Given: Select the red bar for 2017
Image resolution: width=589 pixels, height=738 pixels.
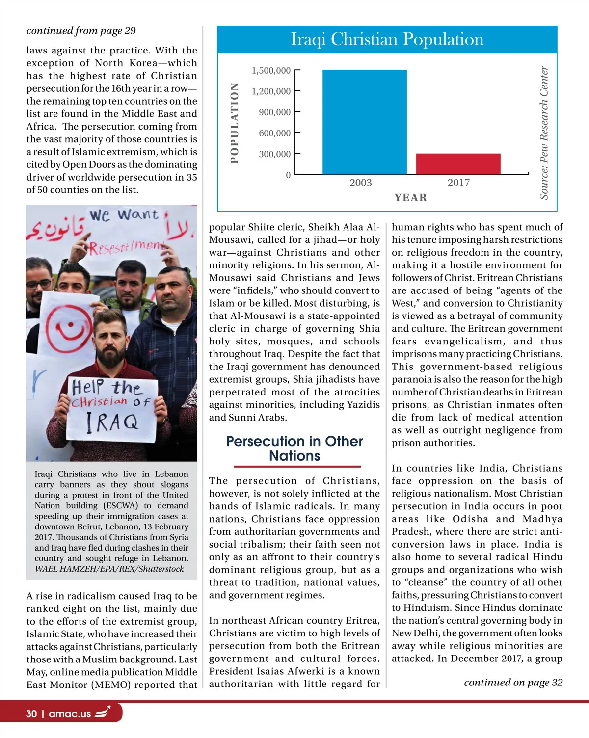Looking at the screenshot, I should click(458, 164).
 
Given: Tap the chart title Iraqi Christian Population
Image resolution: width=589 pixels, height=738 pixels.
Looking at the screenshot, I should click(387, 39).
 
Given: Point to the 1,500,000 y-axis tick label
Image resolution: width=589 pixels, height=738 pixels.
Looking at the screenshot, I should click(271, 71).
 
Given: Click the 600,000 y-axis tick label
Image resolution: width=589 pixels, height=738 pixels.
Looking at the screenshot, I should click(274, 133).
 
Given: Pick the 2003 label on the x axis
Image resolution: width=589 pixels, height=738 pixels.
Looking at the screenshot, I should click(360, 183).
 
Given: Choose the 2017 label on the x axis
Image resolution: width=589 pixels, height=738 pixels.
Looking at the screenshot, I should click(458, 183).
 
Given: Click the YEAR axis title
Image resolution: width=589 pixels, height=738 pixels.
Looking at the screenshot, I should click(411, 198).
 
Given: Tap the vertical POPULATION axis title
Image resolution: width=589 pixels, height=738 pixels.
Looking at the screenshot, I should click(235, 123).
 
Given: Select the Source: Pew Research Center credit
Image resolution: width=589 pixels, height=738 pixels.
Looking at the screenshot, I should click(544, 132).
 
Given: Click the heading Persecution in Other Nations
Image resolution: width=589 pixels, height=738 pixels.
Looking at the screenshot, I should click(294, 448).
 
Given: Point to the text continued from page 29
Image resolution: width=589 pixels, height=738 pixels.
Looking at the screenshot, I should click(81, 31).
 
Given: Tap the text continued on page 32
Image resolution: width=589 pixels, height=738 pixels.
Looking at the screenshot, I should click(513, 683).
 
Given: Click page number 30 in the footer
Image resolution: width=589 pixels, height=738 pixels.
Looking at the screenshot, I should click(31, 714).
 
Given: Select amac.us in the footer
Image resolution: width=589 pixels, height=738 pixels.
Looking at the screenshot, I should click(70, 714).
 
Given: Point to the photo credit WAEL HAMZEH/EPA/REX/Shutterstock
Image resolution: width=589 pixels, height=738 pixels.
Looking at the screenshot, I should click(109, 569).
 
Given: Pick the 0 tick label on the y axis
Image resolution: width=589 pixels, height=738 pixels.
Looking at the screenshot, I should click(288, 175).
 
